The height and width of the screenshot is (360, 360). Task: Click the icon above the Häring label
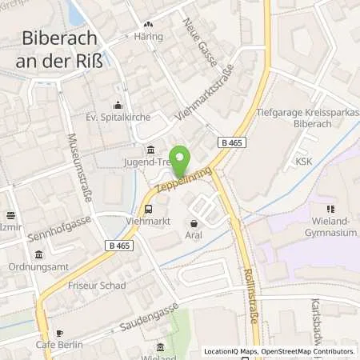(149, 25)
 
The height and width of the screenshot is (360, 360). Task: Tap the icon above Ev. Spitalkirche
(118, 105)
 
